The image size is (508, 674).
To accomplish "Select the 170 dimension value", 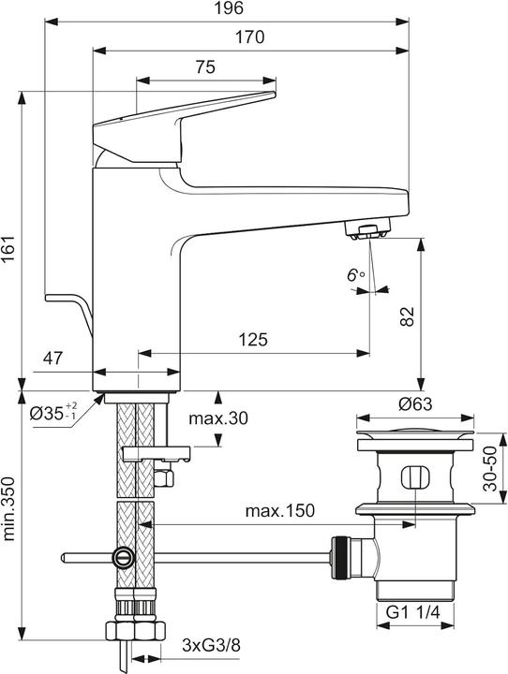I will pyautogui.click(x=251, y=38).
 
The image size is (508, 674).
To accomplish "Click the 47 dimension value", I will pyautogui.click(x=54, y=357).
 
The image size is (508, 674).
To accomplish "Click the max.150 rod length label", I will pyautogui.click(x=280, y=511).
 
